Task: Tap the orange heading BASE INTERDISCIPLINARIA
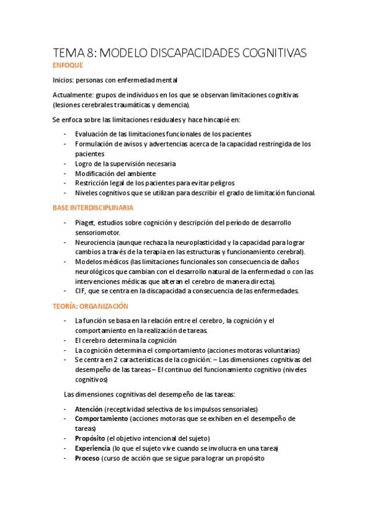93,207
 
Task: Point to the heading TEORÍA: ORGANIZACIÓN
89,305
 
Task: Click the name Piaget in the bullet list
85,222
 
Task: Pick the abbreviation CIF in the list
80,291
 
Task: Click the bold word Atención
88,409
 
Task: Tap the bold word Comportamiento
102,419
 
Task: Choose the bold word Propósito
90,438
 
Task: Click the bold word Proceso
87,458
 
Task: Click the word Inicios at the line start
63,80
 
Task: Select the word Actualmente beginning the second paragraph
71,95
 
